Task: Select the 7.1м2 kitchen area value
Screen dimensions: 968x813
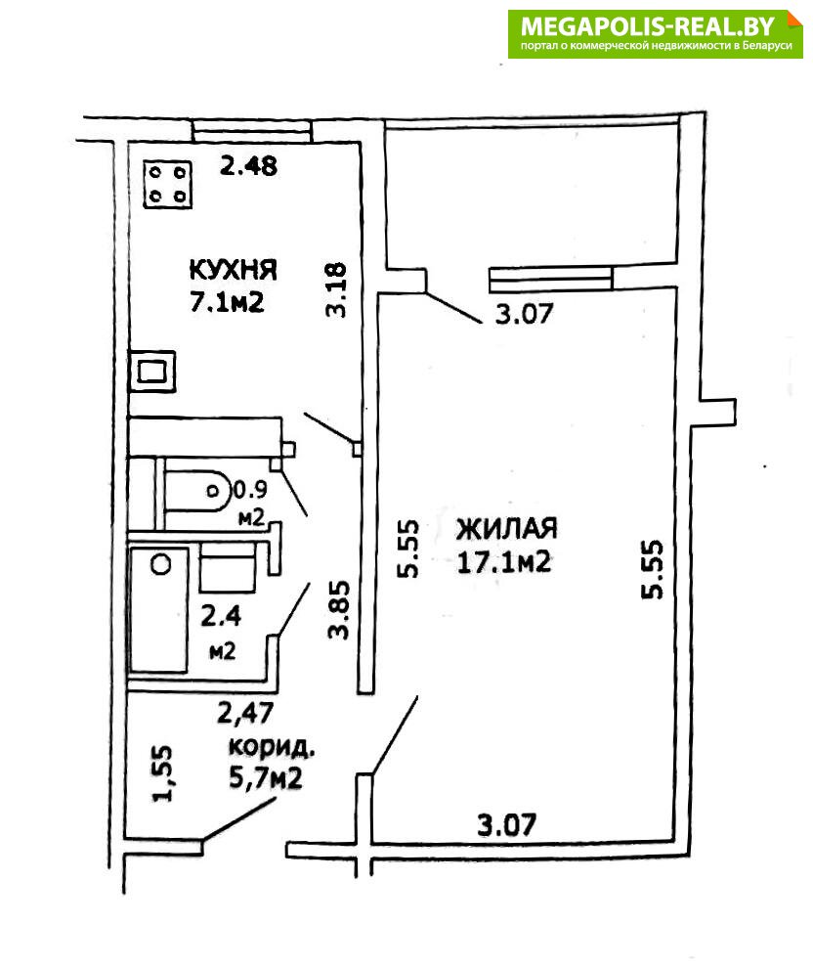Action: (x=228, y=301)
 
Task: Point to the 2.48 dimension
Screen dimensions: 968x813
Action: (x=248, y=166)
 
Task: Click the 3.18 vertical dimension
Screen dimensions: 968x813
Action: (x=336, y=288)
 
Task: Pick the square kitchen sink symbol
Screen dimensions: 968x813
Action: (x=153, y=371)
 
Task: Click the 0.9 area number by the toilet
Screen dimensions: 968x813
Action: (x=251, y=486)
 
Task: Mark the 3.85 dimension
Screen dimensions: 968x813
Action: (x=338, y=612)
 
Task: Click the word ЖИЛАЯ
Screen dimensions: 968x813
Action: (x=506, y=529)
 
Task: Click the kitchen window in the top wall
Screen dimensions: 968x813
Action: (x=252, y=131)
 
